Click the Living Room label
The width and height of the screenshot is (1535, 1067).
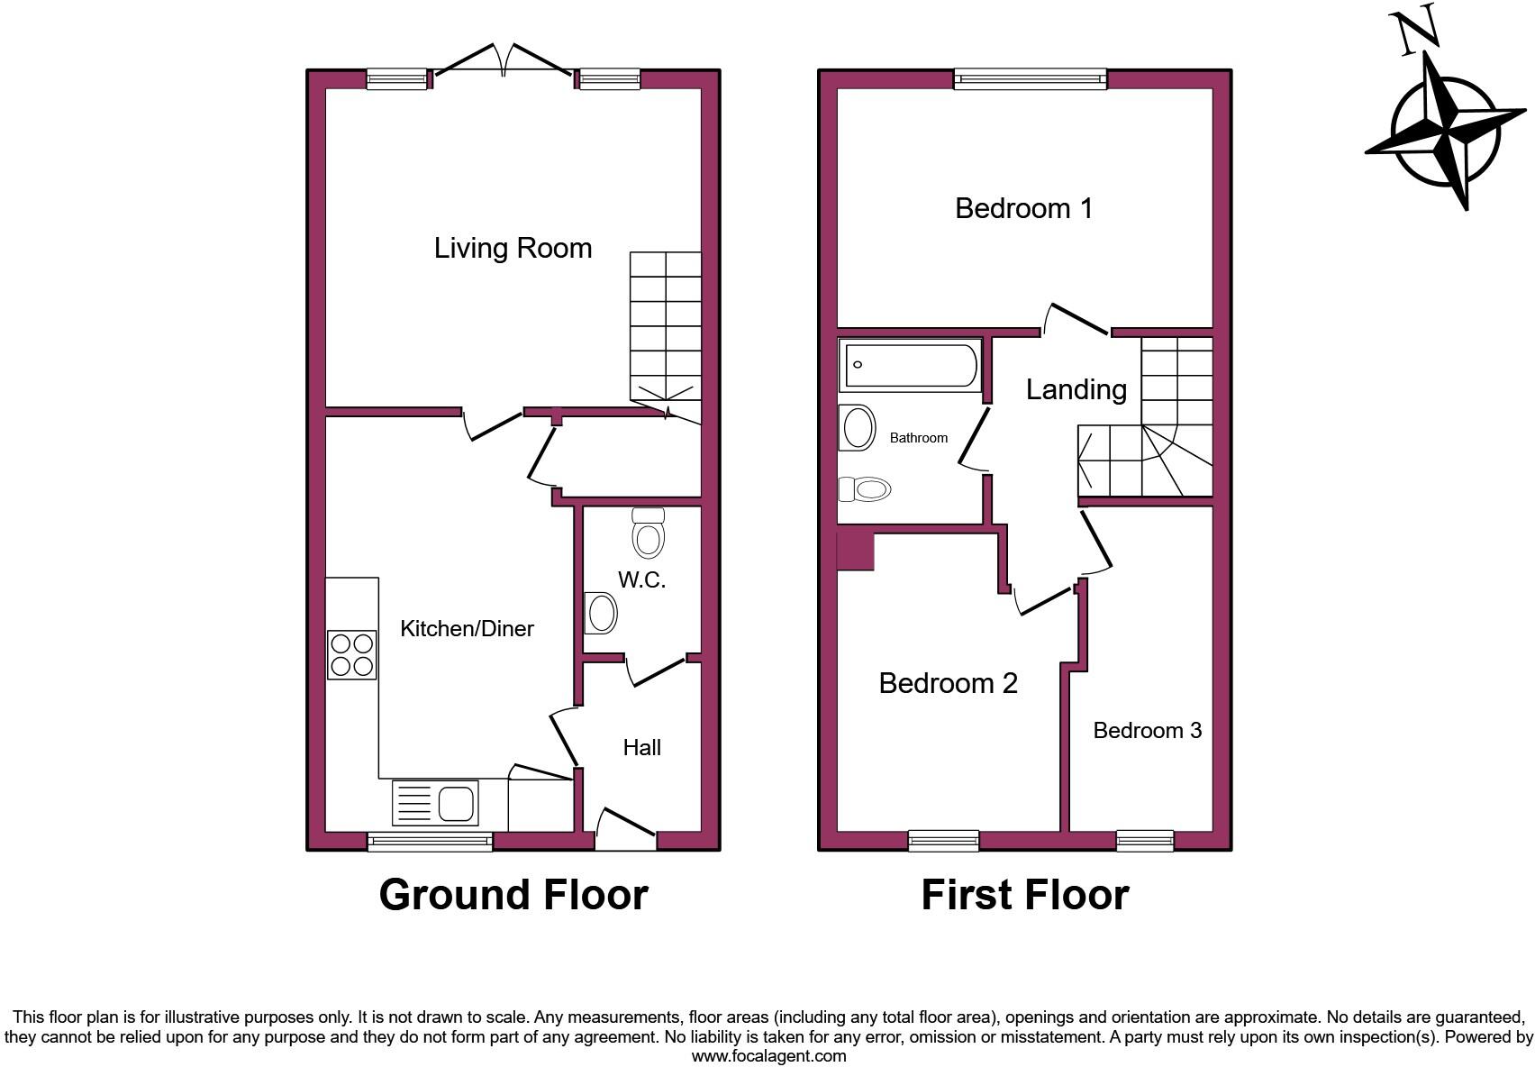point(513,248)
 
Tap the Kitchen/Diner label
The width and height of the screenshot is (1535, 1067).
point(467,629)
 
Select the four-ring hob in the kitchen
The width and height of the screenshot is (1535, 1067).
point(351,655)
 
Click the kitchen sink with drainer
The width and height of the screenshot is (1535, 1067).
point(436,802)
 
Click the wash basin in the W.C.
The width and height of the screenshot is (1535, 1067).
point(601,614)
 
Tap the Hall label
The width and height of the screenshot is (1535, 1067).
point(641,747)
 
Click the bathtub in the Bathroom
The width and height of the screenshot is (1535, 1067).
point(910,365)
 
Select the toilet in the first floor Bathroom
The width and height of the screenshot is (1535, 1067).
point(866,489)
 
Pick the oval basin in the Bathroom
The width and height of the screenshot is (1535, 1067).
point(857,427)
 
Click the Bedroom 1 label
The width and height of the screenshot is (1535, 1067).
point(1023,208)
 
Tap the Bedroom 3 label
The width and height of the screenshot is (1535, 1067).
point(1147,730)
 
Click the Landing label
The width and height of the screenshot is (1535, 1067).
point(1076,389)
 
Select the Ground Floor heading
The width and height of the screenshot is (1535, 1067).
point(513,895)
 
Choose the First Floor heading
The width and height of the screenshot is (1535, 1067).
point(1024,895)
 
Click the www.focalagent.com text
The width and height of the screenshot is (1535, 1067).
point(768,1055)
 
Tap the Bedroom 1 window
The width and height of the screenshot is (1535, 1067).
point(1031,79)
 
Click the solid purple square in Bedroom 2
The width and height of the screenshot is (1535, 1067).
point(855,552)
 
